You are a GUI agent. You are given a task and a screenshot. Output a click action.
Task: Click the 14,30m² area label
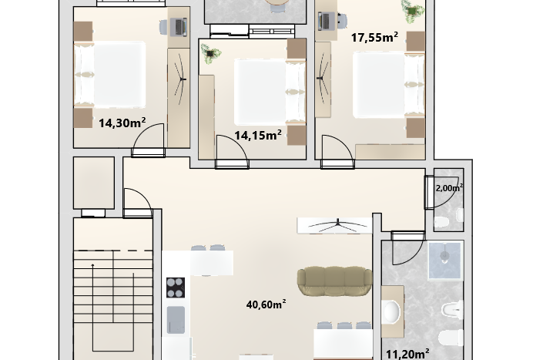click(x=122, y=123)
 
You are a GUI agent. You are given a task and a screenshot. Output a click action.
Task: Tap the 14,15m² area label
click(x=258, y=135)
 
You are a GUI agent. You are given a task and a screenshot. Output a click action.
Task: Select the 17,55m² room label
click(x=374, y=37)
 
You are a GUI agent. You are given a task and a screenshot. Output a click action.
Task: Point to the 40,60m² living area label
click(x=266, y=304)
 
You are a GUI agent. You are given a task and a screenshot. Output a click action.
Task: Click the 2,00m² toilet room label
click(x=449, y=188)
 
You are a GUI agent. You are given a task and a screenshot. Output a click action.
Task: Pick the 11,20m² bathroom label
click(x=407, y=354)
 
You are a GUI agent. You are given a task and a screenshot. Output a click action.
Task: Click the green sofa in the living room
click(x=334, y=281)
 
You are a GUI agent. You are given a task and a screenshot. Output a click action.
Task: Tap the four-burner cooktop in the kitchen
click(x=176, y=288)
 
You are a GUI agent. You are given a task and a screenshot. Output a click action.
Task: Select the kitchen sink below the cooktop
click(x=176, y=320)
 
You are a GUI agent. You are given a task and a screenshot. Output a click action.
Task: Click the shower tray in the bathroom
click(x=445, y=261)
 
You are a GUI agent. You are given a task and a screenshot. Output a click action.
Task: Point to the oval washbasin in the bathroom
click(x=392, y=311)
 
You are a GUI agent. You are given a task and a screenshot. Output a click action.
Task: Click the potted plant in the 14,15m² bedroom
click(x=210, y=54)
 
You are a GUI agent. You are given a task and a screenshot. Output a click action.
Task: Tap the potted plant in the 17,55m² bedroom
click(x=412, y=11)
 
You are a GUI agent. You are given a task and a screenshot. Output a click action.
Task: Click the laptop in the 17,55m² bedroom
click(x=325, y=21)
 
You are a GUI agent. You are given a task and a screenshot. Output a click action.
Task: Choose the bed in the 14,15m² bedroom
click(x=270, y=92)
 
